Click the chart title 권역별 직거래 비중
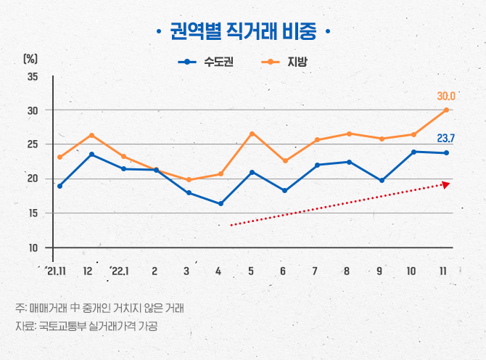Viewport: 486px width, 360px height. click(x=242, y=32)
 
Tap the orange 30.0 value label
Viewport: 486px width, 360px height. click(x=445, y=96)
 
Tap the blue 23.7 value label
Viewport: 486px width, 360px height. click(x=445, y=138)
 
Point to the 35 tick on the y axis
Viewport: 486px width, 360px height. click(x=32, y=76)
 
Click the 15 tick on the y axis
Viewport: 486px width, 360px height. click(x=32, y=213)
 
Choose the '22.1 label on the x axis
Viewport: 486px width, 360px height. click(x=120, y=271)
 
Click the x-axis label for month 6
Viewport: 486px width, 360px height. click(x=283, y=271)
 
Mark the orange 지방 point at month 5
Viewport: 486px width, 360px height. click(x=251, y=134)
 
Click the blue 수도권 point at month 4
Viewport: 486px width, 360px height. click(x=220, y=204)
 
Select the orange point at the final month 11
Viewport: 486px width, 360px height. click(x=446, y=110)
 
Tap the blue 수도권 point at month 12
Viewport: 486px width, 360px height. click(x=91, y=155)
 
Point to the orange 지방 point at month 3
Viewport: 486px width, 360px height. click(x=188, y=180)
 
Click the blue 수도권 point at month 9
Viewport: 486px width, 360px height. click(x=382, y=180)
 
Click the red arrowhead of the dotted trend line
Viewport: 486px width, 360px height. click(x=445, y=185)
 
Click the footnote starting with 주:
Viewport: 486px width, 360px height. click(x=99, y=308)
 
